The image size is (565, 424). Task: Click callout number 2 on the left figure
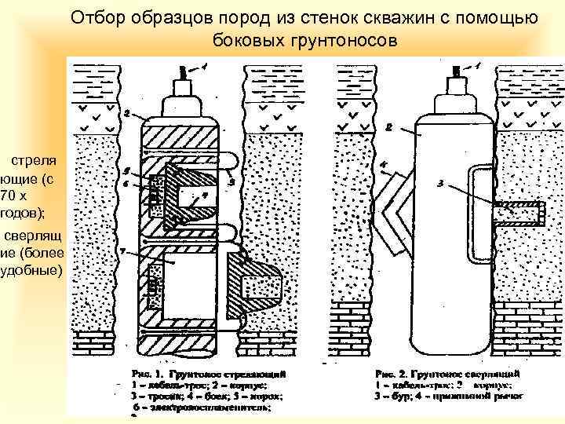(x=126, y=113)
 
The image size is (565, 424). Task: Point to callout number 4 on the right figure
(x=382, y=166)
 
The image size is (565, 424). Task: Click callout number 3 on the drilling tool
(x=441, y=184)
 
